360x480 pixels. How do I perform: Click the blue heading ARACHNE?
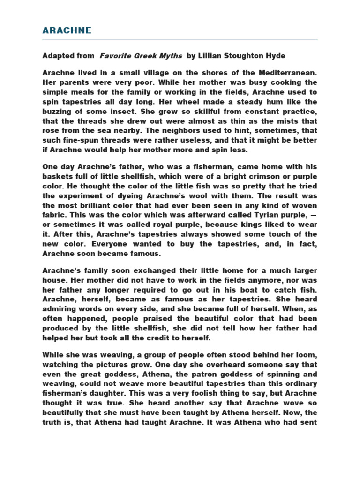click(x=67, y=31)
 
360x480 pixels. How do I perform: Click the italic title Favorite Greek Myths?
click(x=141, y=56)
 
